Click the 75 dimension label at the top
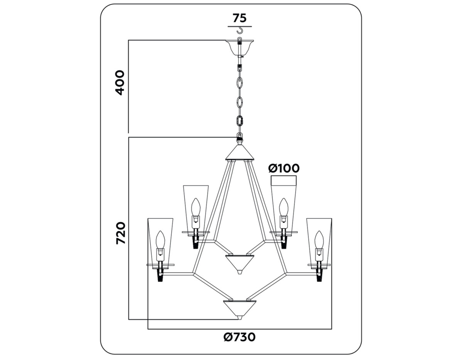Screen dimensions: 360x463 click(x=239, y=18)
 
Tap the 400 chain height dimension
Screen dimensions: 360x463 click(x=120, y=82)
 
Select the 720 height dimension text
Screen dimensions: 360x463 click(x=121, y=233)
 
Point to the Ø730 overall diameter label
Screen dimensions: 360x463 click(x=239, y=337)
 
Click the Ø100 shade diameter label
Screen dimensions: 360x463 click(x=284, y=168)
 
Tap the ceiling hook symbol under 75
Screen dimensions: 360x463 click(x=240, y=30)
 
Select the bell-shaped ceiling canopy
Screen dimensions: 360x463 click(x=240, y=47)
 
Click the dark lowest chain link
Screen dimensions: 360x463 click(x=240, y=120)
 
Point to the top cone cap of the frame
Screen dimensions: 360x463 click(x=240, y=153)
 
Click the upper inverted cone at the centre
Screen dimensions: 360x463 click(x=240, y=263)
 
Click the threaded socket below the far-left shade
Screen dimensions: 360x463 click(x=161, y=275)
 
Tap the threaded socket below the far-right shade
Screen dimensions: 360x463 click(x=319, y=275)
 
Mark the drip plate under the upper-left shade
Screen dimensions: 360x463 click(x=196, y=232)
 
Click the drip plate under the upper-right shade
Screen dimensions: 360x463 click(x=284, y=232)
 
